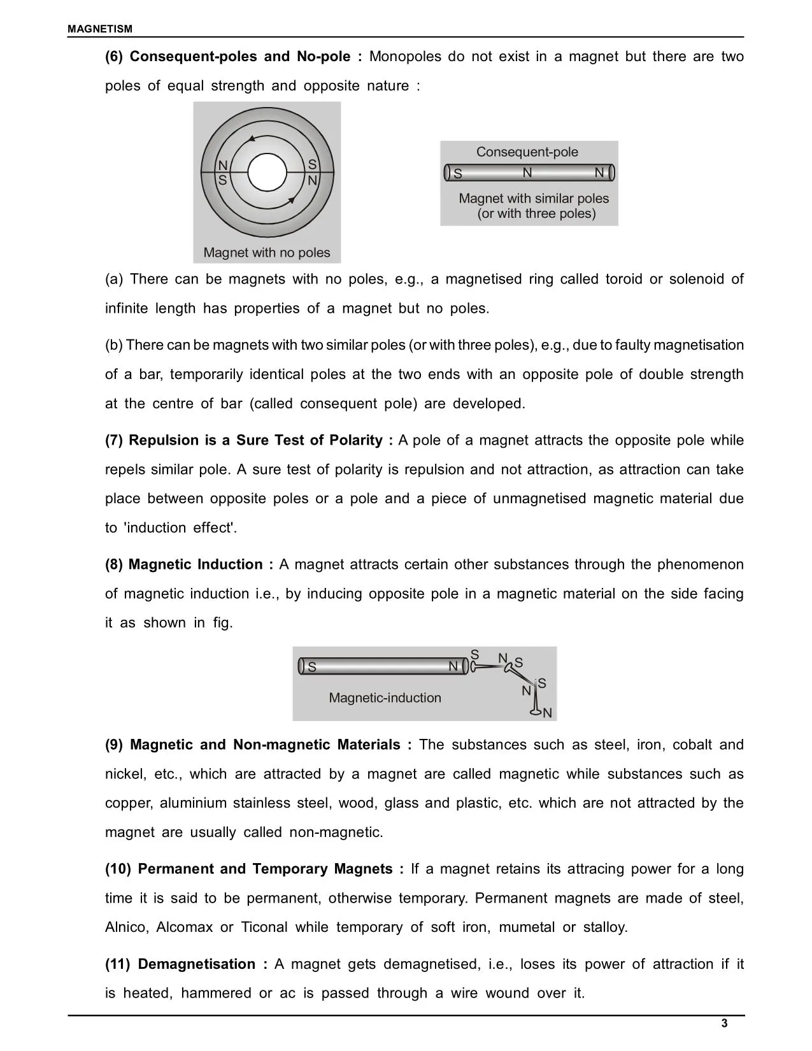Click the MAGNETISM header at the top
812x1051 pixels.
(x=100, y=29)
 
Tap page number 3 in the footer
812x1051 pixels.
(x=724, y=1024)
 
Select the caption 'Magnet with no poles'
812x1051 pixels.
(x=266, y=253)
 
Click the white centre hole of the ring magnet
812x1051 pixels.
(x=267, y=173)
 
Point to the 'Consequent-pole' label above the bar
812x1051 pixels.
(x=527, y=152)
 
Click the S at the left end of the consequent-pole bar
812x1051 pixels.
(x=458, y=174)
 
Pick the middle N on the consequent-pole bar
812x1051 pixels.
(x=527, y=173)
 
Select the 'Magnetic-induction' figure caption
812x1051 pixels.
(x=385, y=698)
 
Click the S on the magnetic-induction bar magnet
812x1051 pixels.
(x=312, y=667)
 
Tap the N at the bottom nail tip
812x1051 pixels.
(x=547, y=713)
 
